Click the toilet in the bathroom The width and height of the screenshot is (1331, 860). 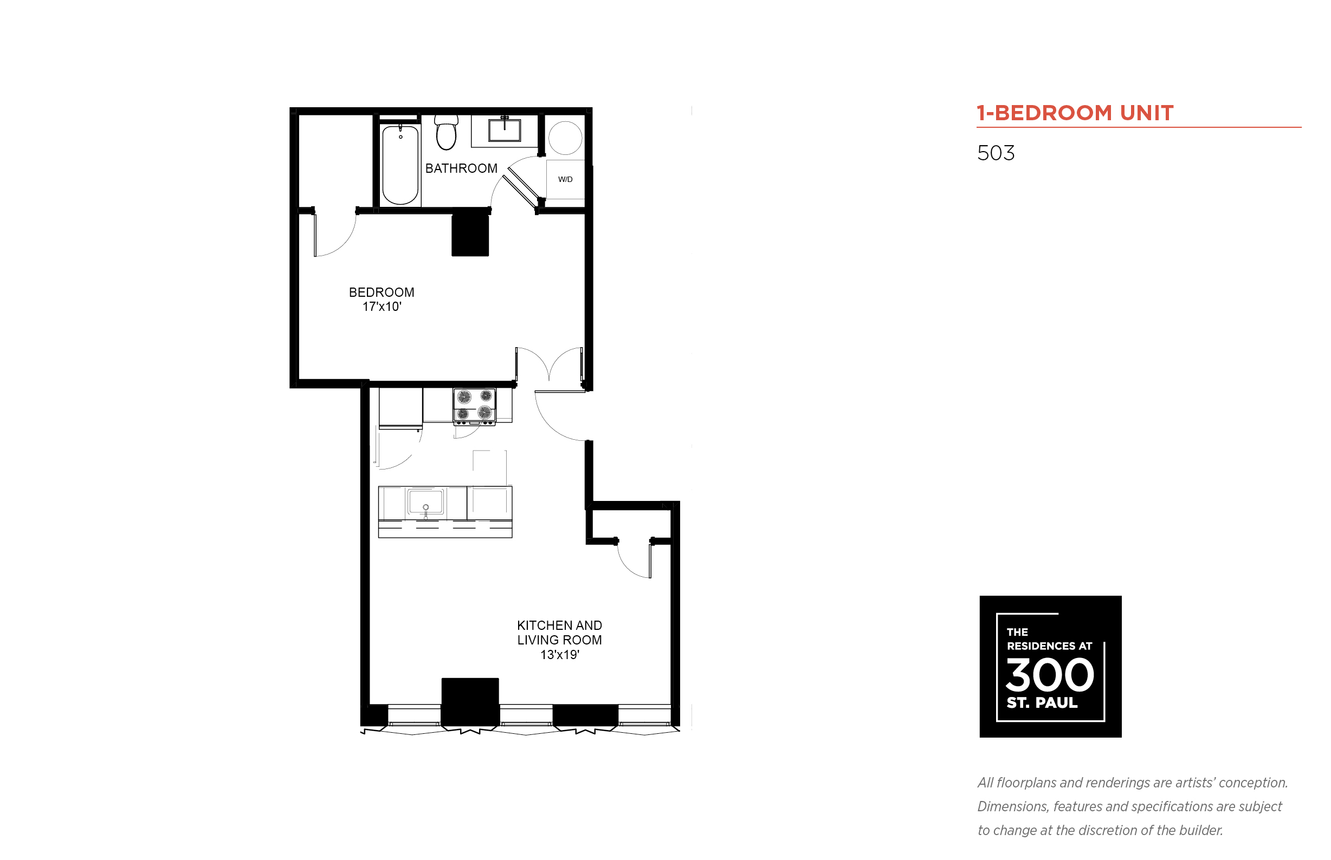click(x=446, y=132)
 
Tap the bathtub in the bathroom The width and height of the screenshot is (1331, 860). click(x=400, y=165)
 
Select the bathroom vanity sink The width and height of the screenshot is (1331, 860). click(x=504, y=129)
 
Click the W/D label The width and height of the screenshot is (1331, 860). click(x=565, y=179)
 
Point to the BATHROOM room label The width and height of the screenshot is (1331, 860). click(x=461, y=168)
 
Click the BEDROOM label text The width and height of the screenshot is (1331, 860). click(x=381, y=292)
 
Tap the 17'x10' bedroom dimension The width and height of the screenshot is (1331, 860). click(x=382, y=307)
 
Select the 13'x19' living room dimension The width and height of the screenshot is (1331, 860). click(x=559, y=655)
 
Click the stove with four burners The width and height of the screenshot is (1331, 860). click(x=474, y=406)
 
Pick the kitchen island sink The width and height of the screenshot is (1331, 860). click(x=425, y=501)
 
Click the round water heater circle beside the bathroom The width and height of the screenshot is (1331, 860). click(x=565, y=138)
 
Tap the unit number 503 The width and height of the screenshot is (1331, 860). click(x=995, y=153)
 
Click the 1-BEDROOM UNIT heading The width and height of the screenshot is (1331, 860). click(x=1075, y=113)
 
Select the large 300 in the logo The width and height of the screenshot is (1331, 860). click(x=1049, y=675)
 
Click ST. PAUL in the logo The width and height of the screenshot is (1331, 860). click(x=1042, y=702)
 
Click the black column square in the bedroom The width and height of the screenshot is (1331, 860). click(x=470, y=233)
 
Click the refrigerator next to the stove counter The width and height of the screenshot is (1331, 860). click(x=400, y=409)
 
